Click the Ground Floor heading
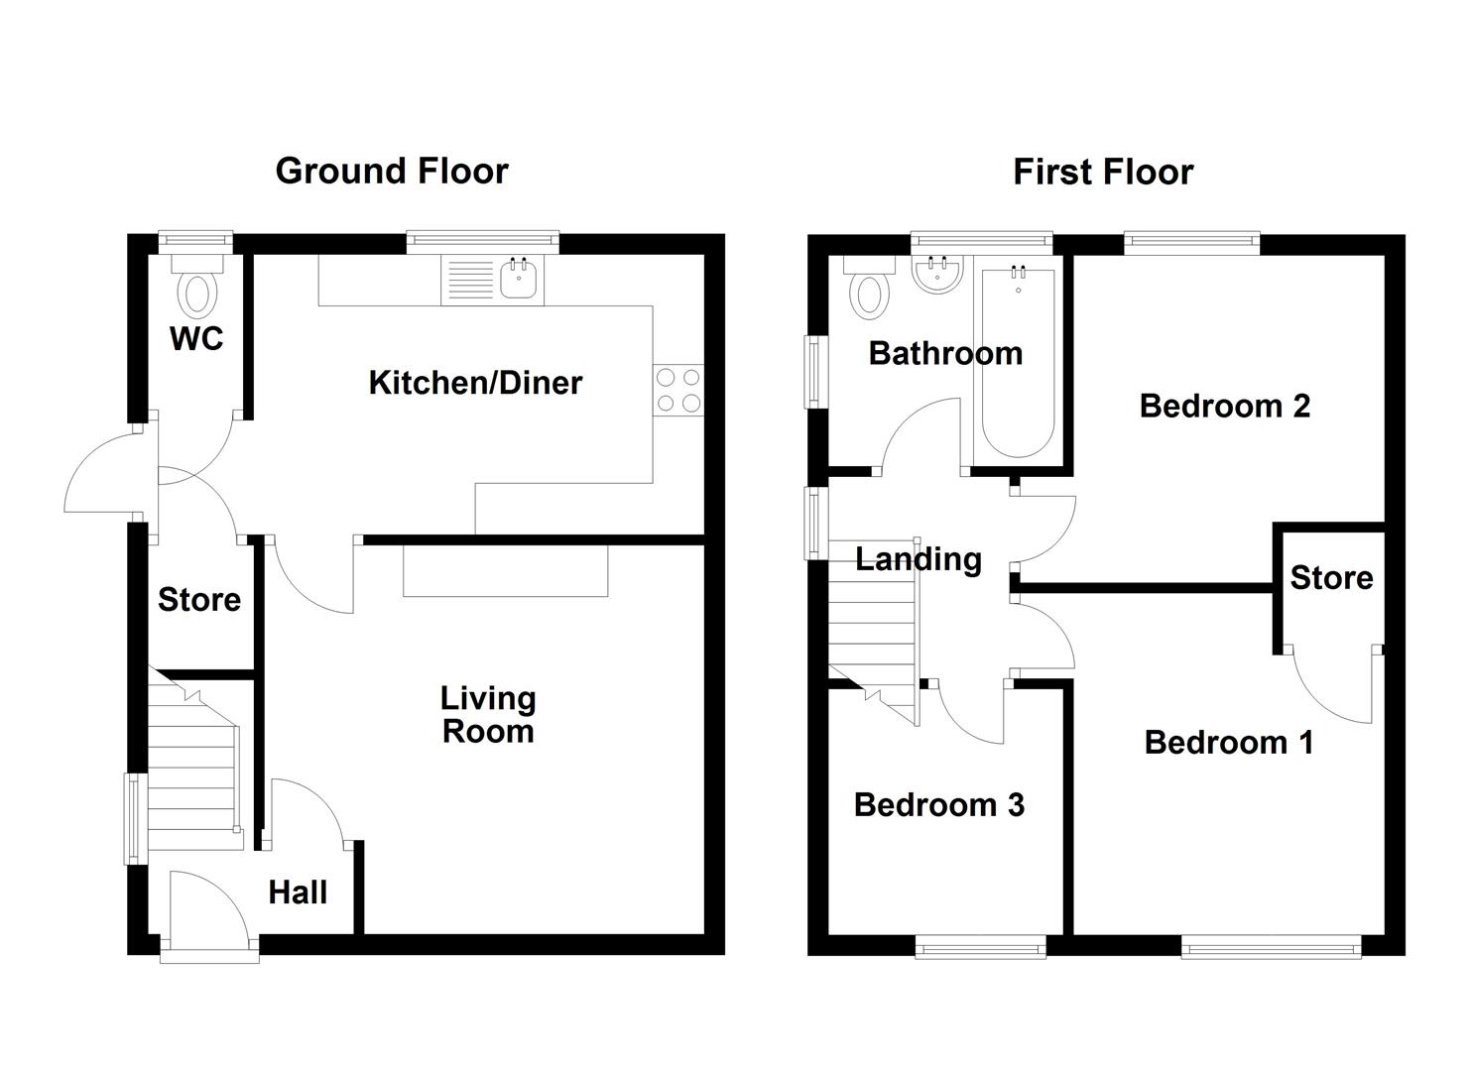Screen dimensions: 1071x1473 [x=392, y=171]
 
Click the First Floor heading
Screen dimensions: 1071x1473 [x=1102, y=173]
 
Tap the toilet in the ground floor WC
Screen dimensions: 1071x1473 [x=197, y=292]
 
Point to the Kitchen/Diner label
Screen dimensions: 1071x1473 [x=475, y=383]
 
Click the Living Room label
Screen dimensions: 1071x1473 [x=488, y=715]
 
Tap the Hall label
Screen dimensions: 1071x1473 [x=298, y=892]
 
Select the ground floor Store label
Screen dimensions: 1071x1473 [x=199, y=599]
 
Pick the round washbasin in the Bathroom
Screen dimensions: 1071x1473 [x=934, y=277]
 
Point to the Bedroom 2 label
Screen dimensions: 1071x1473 [x=1225, y=406]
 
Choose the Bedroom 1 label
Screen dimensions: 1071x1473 [x=1229, y=742]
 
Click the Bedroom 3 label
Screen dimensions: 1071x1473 [x=938, y=804]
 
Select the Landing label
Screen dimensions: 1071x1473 [x=919, y=559]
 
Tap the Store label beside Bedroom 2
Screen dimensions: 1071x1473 [x=1331, y=577]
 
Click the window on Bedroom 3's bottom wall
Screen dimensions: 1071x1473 [x=980, y=948]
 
